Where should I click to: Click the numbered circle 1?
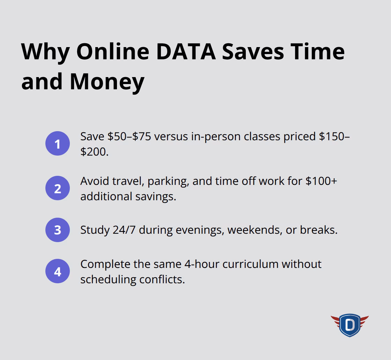(58, 144)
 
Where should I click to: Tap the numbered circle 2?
(58, 188)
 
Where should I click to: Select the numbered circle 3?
(58, 230)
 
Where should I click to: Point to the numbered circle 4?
(58, 271)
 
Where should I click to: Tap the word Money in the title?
(107, 81)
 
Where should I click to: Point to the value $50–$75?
(129, 136)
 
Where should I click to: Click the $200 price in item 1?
(93, 152)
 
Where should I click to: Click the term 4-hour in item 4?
(201, 264)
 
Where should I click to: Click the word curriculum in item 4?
(250, 264)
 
